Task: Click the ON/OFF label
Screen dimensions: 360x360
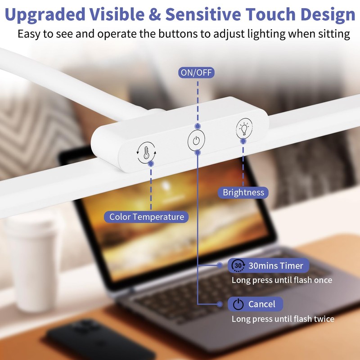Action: (x=196, y=72)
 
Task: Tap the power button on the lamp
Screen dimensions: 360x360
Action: (x=196, y=140)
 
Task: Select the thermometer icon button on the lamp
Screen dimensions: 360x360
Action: (x=146, y=153)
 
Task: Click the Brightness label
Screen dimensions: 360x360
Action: (x=243, y=193)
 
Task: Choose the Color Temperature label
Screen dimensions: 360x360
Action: (x=146, y=217)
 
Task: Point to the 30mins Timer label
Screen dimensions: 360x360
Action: (x=268, y=265)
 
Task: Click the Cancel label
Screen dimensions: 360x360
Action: (x=255, y=304)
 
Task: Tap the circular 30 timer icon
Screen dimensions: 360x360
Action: (x=238, y=265)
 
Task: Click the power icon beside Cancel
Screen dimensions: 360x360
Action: (x=238, y=304)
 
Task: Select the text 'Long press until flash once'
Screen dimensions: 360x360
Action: (x=282, y=280)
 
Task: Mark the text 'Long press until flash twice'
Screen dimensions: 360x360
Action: (x=283, y=319)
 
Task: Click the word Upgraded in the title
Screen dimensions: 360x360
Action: (x=45, y=15)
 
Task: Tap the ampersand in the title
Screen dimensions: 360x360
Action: (x=154, y=14)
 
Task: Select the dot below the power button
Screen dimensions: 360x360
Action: (x=198, y=153)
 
